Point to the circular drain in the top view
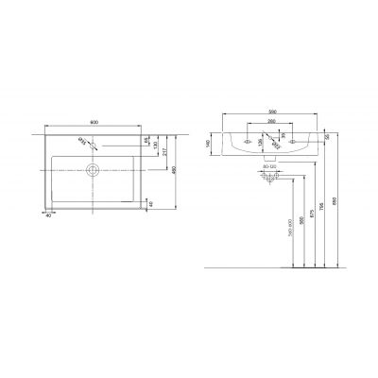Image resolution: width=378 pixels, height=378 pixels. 93,171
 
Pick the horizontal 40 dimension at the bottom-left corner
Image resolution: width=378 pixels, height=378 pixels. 47,215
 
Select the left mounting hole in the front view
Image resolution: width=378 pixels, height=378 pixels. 247,142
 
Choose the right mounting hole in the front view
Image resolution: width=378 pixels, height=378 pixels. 293,142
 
